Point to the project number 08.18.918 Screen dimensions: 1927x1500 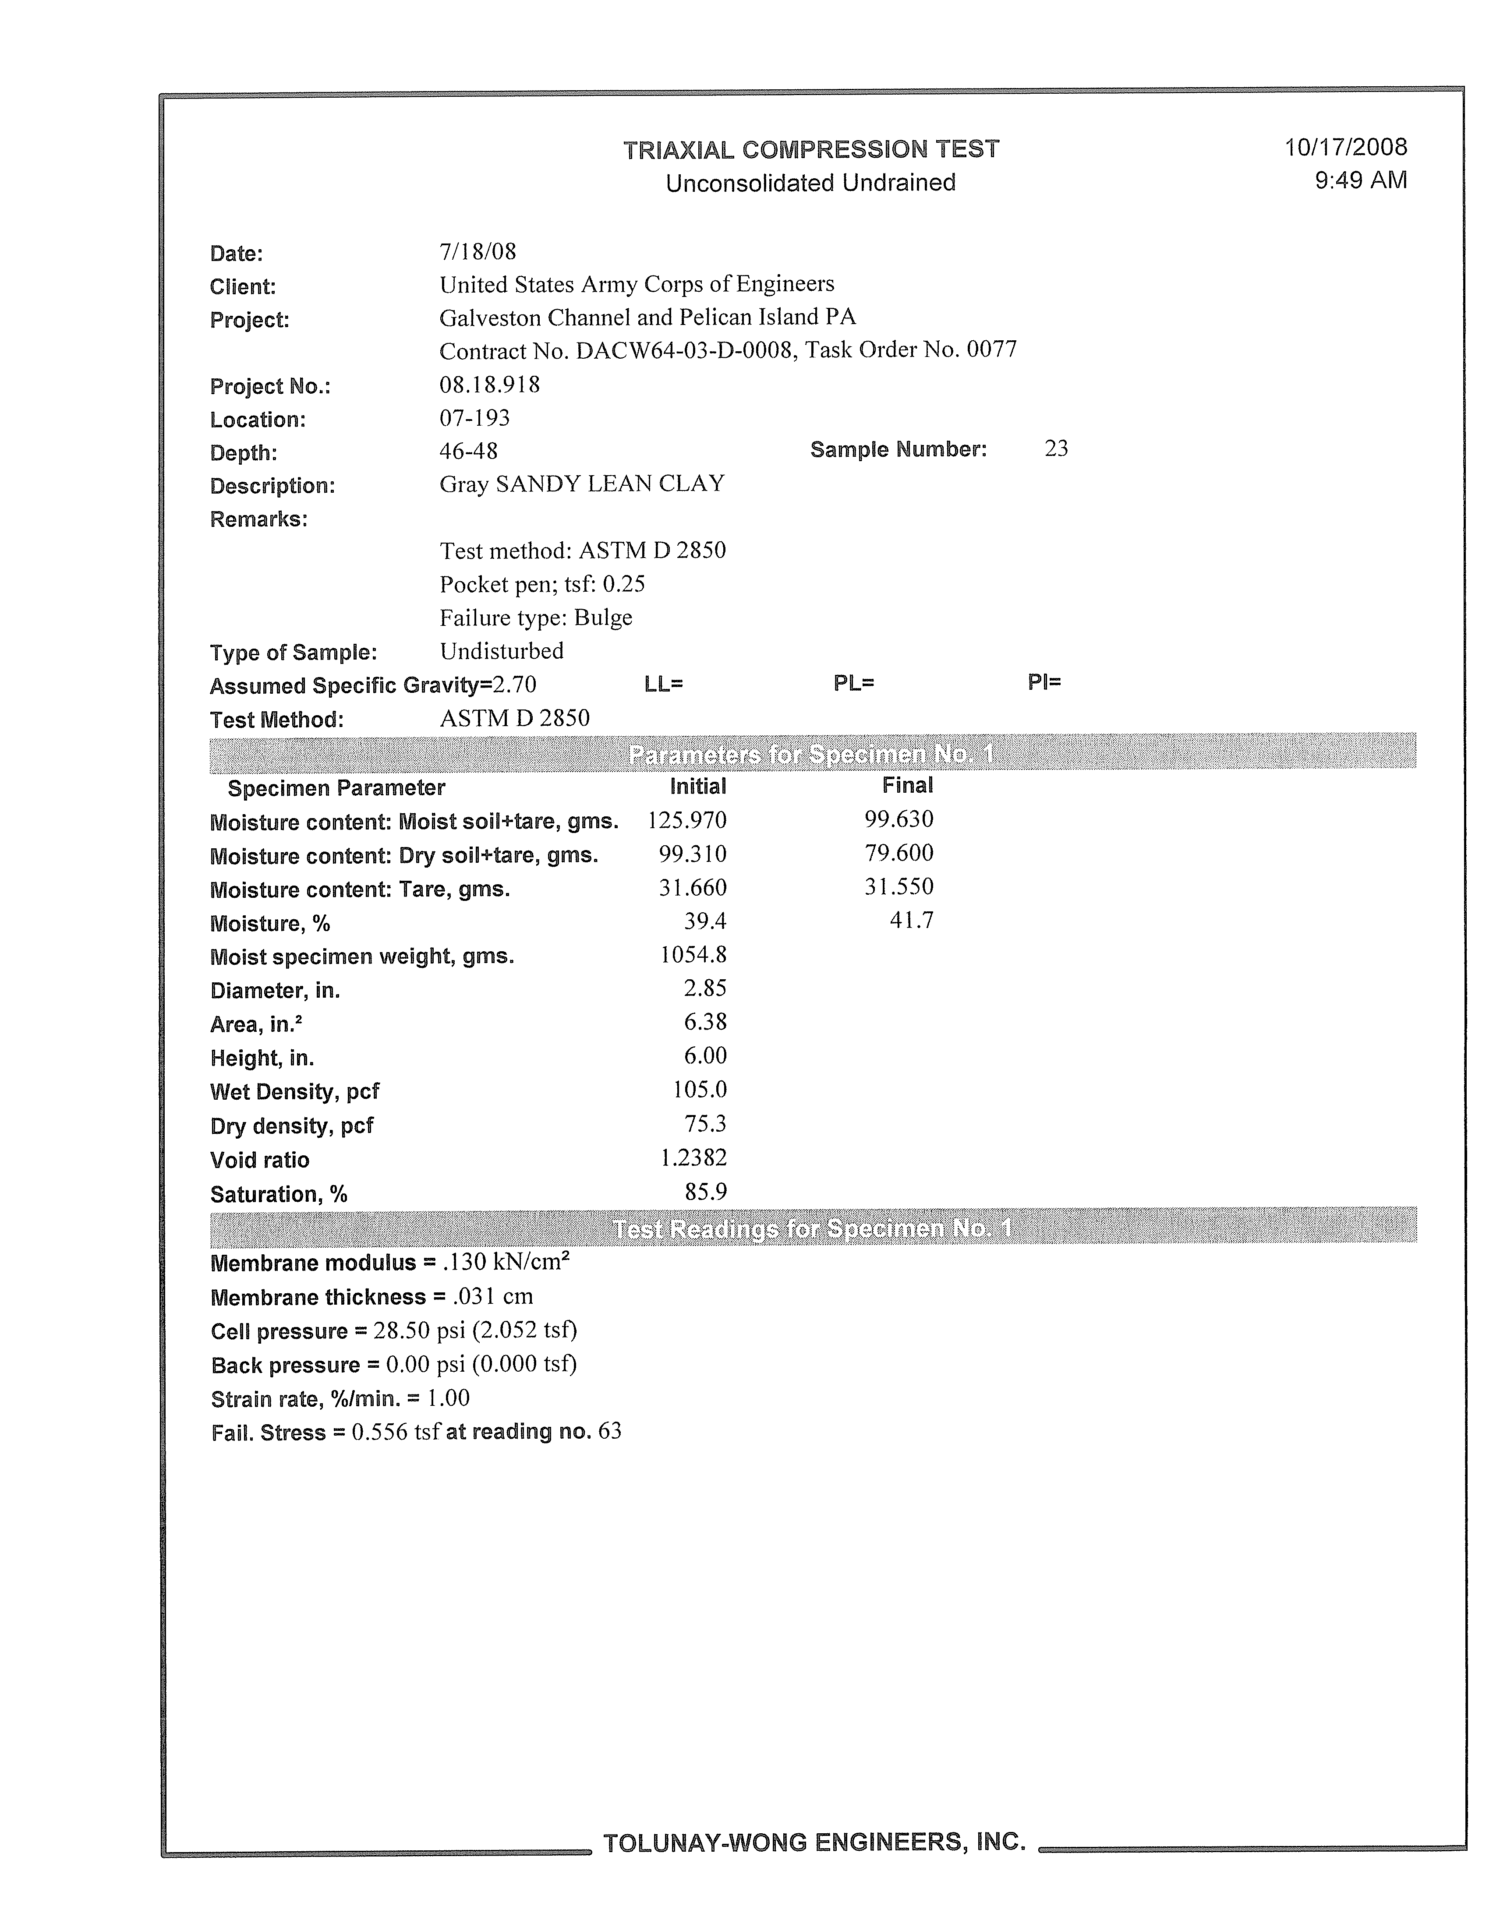[490, 385]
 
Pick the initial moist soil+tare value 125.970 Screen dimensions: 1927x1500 [686, 821]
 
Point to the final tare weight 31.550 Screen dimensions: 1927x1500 [898, 887]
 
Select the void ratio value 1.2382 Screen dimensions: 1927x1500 [693, 1158]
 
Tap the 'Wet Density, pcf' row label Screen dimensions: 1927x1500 [295, 1091]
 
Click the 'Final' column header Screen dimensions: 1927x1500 [907, 785]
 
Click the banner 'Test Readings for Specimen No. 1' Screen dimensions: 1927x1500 [812, 1228]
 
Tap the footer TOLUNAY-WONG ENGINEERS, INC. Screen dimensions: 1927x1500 [814, 1842]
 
